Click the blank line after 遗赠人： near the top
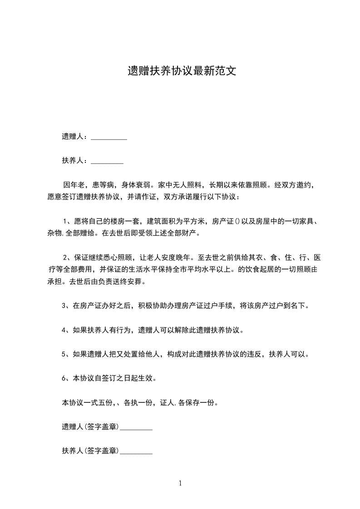point(109,138)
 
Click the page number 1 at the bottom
point(180,483)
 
